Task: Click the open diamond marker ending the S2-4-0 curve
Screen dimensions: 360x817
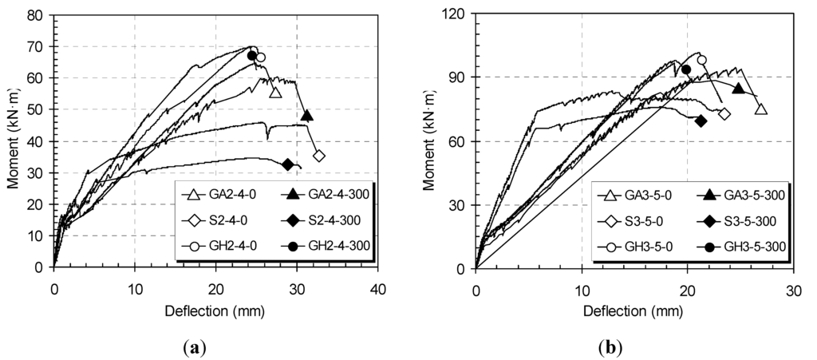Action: coord(319,156)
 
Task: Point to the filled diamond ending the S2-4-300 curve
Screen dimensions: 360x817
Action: coord(287,164)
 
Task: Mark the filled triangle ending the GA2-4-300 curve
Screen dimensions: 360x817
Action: coord(306,115)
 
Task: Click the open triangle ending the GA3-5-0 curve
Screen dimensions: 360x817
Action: coord(761,109)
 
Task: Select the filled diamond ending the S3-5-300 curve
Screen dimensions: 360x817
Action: coord(701,121)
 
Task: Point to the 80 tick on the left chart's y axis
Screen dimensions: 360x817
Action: coord(35,15)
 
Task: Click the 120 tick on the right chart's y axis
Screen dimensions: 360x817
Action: coord(454,14)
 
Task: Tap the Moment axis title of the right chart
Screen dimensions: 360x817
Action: coord(432,142)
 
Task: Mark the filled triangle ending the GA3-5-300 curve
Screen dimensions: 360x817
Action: coord(739,89)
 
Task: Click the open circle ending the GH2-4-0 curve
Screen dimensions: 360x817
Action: coord(260,57)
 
